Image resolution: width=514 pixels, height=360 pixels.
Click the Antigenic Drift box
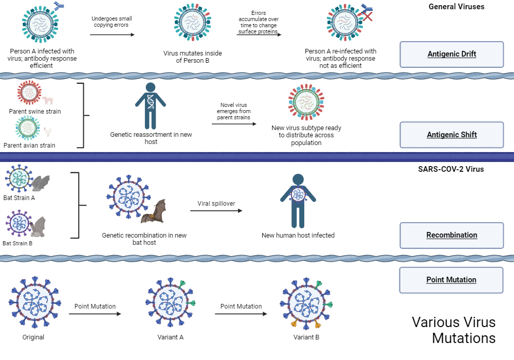coord(451,54)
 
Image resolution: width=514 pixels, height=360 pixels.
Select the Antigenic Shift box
coord(451,135)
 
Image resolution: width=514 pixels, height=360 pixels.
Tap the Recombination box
coord(451,235)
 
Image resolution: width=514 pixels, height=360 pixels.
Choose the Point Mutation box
coord(451,280)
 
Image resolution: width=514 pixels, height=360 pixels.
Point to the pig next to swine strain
coord(47,100)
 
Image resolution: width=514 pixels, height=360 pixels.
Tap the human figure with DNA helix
coord(150,105)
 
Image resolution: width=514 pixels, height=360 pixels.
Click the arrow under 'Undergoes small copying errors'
coord(112,34)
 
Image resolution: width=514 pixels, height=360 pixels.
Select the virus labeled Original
coord(34,303)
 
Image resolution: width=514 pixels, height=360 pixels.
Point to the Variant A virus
coord(170,303)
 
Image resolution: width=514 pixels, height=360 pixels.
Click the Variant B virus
coord(306,303)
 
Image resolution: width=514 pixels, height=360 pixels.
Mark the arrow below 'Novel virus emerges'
coord(234,124)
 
